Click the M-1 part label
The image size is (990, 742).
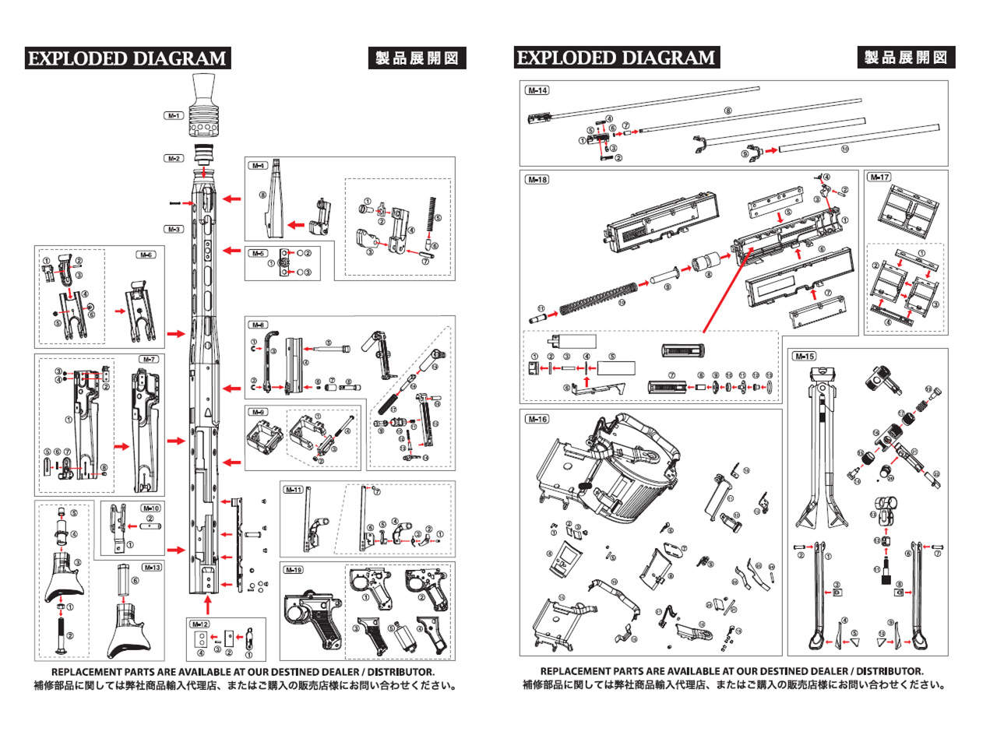coord(173,115)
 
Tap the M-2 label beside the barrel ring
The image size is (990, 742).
coord(173,158)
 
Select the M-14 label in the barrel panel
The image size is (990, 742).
coord(537,90)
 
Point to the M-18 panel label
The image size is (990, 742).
coord(537,180)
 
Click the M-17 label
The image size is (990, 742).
coord(879,178)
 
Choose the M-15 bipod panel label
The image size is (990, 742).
coord(805,357)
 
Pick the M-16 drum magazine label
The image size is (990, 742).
coord(537,419)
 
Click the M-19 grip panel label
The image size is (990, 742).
coord(294,570)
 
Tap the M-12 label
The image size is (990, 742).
coord(200,624)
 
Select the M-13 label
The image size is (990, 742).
coord(152,567)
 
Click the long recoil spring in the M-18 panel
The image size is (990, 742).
coord(600,299)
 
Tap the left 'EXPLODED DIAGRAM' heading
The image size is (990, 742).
coord(127,58)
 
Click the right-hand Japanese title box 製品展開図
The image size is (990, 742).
coord(906,58)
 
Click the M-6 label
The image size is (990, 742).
coord(146,255)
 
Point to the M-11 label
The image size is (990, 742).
coord(294,490)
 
